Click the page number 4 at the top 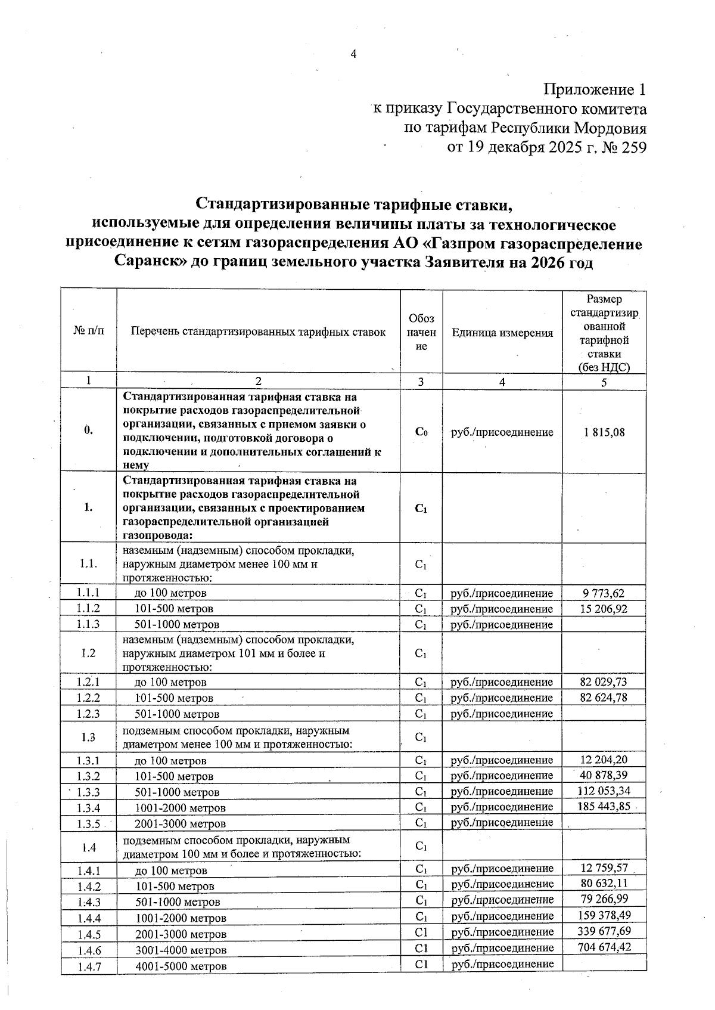(x=353, y=54)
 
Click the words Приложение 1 (x=595, y=90)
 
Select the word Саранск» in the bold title (x=150, y=262)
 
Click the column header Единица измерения (x=502, y=333)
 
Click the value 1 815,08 (x=604, y=432)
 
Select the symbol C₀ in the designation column (x=421, y=433)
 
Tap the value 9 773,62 (x=604, y=593)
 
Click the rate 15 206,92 (x=604, y=609)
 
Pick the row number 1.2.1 (x=88, y=682)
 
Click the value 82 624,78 (x=604, y=698)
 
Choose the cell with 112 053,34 (x=604, y=791)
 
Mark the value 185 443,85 (x=604, y=807)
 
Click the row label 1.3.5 (x=88, y=823)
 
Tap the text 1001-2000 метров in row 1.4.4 (x=181, y=918)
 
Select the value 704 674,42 (x=604, y=947)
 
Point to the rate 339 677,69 (x=604, y=931)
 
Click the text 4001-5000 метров (x=181, y=966)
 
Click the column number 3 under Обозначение (x=421, y=382)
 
